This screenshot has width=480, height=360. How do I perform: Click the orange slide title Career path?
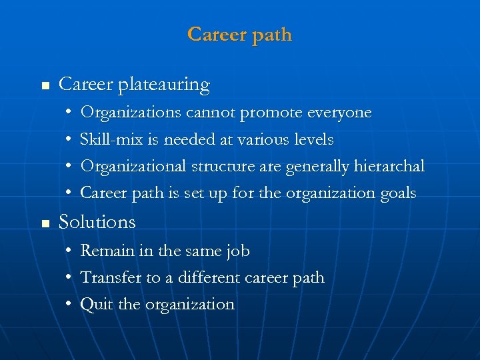240,34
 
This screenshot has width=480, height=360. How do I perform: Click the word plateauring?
164,85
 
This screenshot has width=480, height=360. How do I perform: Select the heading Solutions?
97,222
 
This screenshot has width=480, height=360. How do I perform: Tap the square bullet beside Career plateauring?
45,86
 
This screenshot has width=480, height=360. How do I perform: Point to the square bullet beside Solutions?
45,223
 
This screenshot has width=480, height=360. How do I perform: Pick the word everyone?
339,113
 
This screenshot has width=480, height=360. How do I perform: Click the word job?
238,251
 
